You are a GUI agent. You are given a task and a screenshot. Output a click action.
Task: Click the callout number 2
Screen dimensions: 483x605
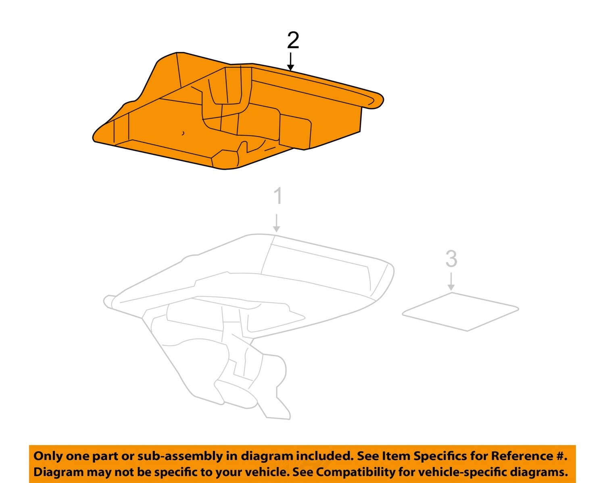[293, 41]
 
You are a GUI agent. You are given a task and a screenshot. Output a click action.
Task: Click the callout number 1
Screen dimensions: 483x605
[277, 197]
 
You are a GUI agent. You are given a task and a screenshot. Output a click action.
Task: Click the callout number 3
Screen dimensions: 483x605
[451, 259]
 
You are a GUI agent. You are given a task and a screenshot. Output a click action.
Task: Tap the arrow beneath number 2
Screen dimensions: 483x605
[290, 62]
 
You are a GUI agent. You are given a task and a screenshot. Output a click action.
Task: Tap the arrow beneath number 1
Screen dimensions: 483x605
[276, 223]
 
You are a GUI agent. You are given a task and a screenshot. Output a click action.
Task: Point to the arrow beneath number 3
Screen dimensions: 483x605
[451, 282]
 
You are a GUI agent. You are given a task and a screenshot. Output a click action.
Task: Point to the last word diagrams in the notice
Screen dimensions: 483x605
[539, 472]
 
